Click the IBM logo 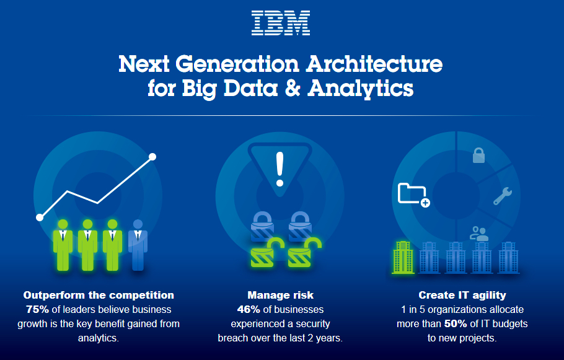pyautogui.click(x=281, y=23)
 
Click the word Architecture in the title pyautogui.click(x=374, y=64)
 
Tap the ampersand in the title pyautogui.click(x=293, y=88)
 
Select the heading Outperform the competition pyautogui.click(x=99, y=296)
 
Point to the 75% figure pyautogui.click(x=37, y=310)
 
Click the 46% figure pyautogui.click(x=249, y=310)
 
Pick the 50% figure pyautogui.click(x=456, y=324)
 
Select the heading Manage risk pyautogui.click(x=281, y=296)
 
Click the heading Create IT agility pyautogui.click(x=462, y=296)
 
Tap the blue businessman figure pyautogui.click(x=138, y=245)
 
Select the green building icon pyautogui.click(x=403, y=258)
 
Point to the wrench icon pyautogui.click(x=503, y=196)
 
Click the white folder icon pyautogui.click(x=412, y=194)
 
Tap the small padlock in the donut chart pyautogui.click(x=478, y=155)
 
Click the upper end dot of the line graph pyautogui.click(x=152, y=157)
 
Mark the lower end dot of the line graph pyautogui.click(x=40, y=217)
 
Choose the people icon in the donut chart pyautogui.click(x=479, y=234)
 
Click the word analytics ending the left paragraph pyautogui.click(x=98, y=338)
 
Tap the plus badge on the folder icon pyautogui.click(x=425, y=203)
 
